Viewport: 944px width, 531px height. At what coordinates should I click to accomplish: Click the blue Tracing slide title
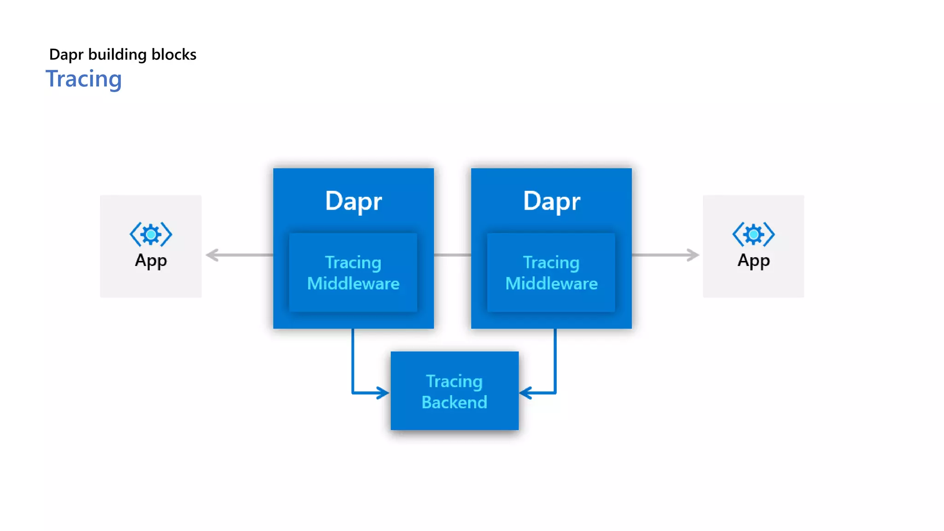83,79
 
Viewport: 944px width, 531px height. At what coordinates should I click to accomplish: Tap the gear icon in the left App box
151,235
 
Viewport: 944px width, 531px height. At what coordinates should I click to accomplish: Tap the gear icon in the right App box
754,235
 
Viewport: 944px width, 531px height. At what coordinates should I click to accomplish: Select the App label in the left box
151,260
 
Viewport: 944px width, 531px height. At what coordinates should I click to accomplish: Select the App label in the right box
754,260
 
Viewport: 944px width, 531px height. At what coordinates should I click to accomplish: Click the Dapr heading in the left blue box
354,201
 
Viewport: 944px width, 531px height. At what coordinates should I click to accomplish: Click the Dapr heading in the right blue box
552,201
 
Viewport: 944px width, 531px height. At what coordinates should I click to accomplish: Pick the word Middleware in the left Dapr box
353,283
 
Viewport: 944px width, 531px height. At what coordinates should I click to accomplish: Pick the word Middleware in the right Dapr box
551,283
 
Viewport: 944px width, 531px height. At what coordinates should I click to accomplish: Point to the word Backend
454,402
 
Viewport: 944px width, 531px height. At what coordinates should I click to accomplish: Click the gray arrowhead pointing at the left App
212,255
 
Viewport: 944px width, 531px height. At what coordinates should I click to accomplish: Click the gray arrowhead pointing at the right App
693,255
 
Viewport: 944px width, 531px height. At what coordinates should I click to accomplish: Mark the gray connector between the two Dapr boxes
452,255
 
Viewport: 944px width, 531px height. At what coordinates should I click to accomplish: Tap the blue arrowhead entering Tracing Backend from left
383,393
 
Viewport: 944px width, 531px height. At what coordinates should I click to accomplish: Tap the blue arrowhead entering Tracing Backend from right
526,393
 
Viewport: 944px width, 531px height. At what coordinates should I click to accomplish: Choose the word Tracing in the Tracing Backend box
454,381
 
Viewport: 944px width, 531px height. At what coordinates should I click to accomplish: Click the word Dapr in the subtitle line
66,54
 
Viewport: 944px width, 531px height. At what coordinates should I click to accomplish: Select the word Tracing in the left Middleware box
353,262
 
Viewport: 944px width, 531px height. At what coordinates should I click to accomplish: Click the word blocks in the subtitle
174,54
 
